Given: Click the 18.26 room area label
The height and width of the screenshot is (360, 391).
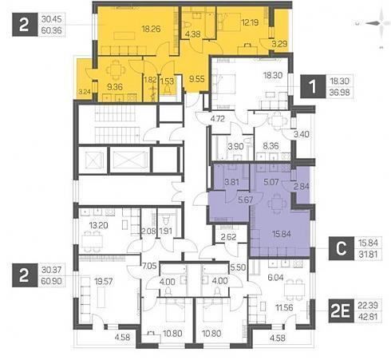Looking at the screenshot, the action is point(151,29).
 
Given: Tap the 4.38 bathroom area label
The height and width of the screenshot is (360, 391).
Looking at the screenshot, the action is point(193,34).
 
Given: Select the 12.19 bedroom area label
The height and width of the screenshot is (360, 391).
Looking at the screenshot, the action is point(250,22).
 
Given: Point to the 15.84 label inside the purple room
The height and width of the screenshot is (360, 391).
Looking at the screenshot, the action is point(282,234).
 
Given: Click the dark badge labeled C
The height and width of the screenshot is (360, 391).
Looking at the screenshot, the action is point(341,248).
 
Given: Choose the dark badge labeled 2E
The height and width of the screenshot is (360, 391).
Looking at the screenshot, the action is point(341,311).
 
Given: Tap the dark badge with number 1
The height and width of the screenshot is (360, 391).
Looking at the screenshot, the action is point(313,86).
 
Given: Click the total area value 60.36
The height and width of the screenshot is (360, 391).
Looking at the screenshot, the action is point(52,30).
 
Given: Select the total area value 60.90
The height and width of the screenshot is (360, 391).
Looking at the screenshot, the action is point(52,281).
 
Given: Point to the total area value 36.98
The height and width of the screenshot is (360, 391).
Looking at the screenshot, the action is point(339,93).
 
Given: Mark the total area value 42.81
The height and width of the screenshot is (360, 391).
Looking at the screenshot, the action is point(368,317).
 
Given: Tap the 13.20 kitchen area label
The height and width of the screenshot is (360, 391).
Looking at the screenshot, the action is point(98,226).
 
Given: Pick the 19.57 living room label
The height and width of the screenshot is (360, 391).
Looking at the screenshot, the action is point(104,281).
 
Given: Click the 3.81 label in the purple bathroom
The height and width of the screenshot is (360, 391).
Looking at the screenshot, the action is point(231,183).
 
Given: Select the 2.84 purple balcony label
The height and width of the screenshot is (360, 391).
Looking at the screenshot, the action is point(302,187).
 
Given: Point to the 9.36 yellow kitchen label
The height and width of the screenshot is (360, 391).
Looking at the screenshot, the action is point(115,87).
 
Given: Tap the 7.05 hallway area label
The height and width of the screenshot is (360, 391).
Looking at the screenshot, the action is point(149,266).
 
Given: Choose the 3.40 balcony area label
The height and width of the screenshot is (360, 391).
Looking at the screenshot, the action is point(302,134).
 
